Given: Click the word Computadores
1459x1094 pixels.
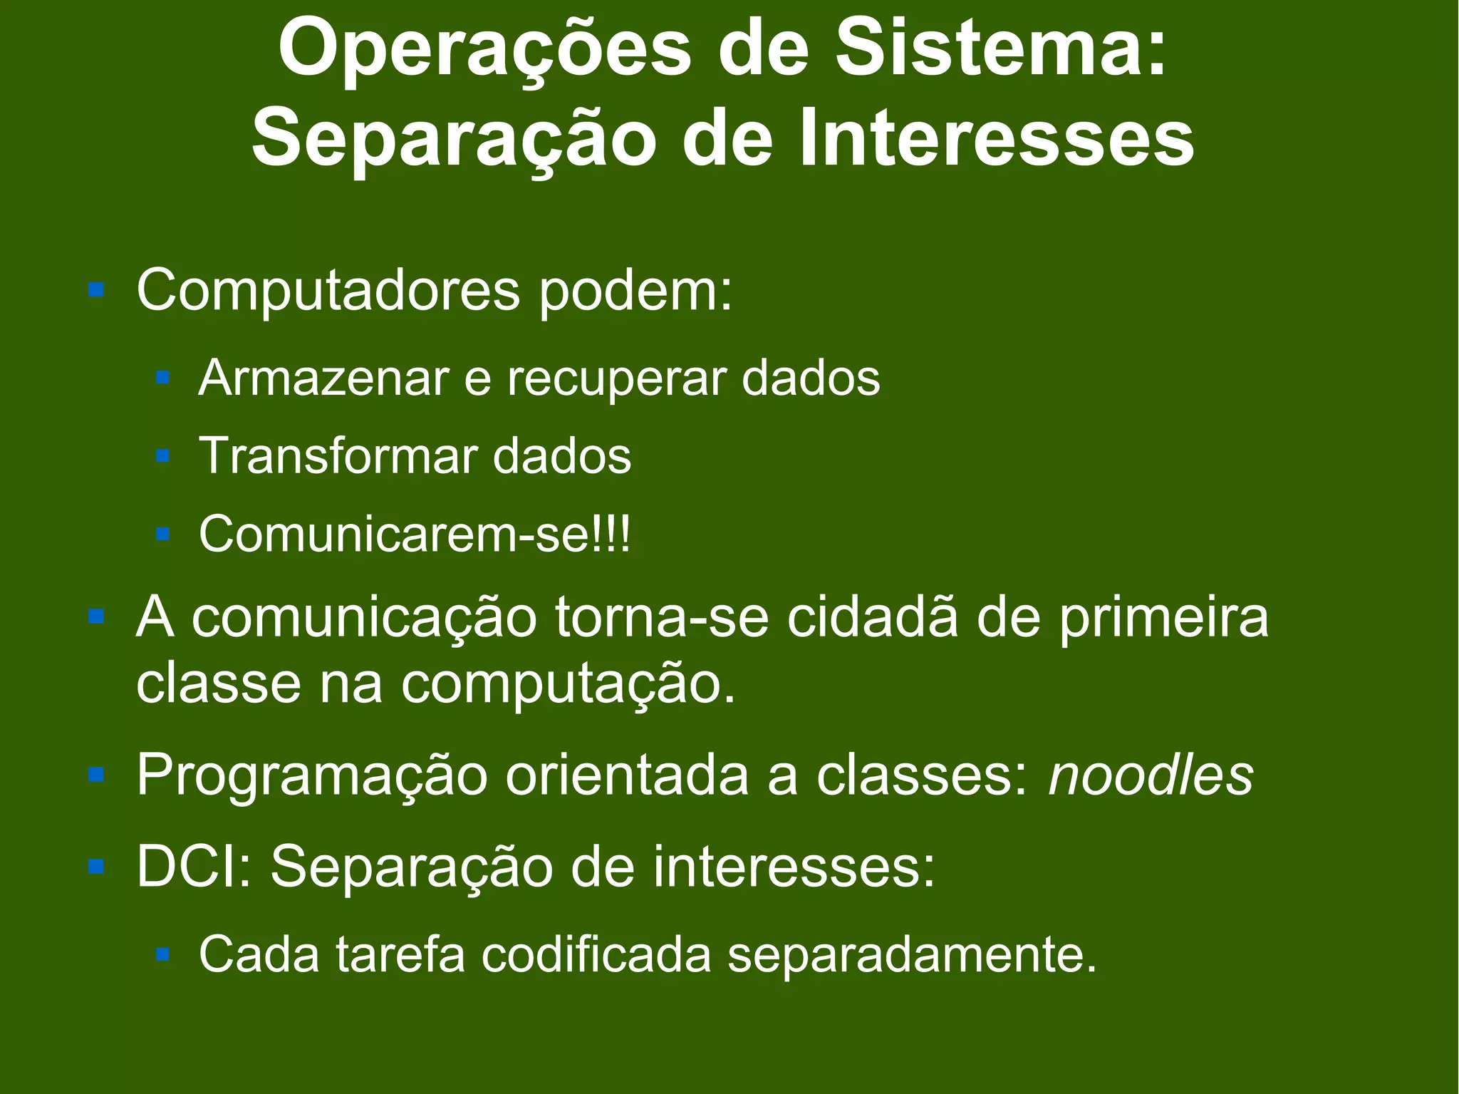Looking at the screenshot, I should (x=328, y=291).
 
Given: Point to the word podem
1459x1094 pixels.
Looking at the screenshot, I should (x=635, y=291).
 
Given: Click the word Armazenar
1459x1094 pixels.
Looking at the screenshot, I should (x=323, y=378).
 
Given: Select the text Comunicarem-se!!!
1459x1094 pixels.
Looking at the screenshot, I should (x=415, y=535).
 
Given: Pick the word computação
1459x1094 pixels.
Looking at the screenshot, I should (x=568, y=684).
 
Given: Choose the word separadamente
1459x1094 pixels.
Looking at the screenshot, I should (x=912, y=955).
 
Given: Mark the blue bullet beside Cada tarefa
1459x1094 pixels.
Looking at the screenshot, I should (x=162, y=953).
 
